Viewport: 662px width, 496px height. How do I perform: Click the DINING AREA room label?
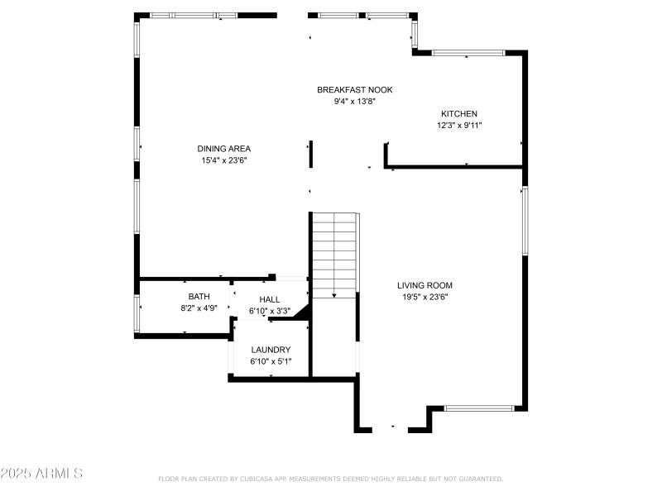[223, 149]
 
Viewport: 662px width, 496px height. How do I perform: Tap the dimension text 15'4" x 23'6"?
[223, 160]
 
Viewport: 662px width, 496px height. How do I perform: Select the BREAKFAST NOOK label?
[354, 90]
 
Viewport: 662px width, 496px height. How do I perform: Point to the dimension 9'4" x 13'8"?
[354, 102]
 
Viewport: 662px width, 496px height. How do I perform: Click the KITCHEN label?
[458, 114]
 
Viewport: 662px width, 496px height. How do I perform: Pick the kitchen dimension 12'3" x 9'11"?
[458, 126]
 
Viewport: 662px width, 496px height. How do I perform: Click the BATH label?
[199, 297]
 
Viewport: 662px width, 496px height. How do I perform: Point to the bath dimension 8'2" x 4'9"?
[199, 308]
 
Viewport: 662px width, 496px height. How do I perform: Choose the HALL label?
[270, 299]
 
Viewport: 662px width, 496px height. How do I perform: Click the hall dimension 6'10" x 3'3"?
[270, 311]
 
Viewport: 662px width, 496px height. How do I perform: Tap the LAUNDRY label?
[271, 350]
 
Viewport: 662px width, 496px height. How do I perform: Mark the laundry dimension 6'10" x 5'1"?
[271, 361]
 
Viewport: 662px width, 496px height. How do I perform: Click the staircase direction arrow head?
[333, 294]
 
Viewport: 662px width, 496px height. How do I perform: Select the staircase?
[333, 252]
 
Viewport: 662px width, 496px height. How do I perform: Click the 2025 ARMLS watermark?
[41, 474]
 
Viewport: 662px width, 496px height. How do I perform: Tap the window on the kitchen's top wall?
[468, 53]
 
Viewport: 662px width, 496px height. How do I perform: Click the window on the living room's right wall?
[524, 220]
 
